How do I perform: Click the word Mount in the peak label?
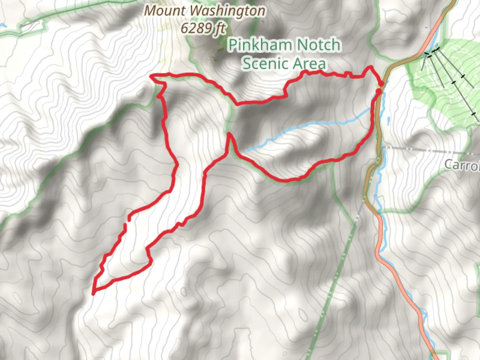coord(166,11)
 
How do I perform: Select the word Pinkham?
coord(260,45)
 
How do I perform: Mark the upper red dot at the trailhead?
coord(381,83)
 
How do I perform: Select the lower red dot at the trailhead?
coord(379,91)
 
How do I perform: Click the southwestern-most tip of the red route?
coord(94,293)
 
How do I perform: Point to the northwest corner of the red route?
coord(152,76)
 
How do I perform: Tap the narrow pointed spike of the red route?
coord(229,135)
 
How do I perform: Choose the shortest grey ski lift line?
coord(424,62)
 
